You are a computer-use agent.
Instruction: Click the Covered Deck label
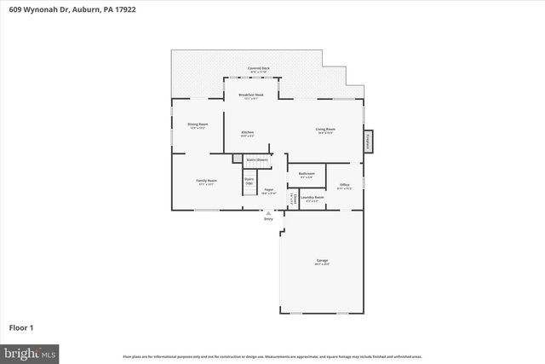click(x=258, y=67)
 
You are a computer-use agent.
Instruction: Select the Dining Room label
click(x=198, y=124)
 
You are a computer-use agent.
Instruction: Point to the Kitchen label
click(x=247, y=132)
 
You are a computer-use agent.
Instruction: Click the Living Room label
click(x=326, y=130)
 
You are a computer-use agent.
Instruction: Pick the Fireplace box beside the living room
click(x=368, y=141)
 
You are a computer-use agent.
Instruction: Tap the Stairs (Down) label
click(x=256, y=159)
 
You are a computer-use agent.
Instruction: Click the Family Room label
click(x=206, y=181)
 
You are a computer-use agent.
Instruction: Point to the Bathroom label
click(x=307, y=174)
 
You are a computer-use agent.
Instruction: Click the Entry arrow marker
click(x=269, y=213)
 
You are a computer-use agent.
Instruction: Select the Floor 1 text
click(x=22, y=326)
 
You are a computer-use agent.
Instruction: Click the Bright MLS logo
click(x=30, y=351)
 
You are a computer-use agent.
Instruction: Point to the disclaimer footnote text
click(x=272, y=355)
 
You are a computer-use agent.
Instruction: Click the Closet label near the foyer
click(x=295, y=199)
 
